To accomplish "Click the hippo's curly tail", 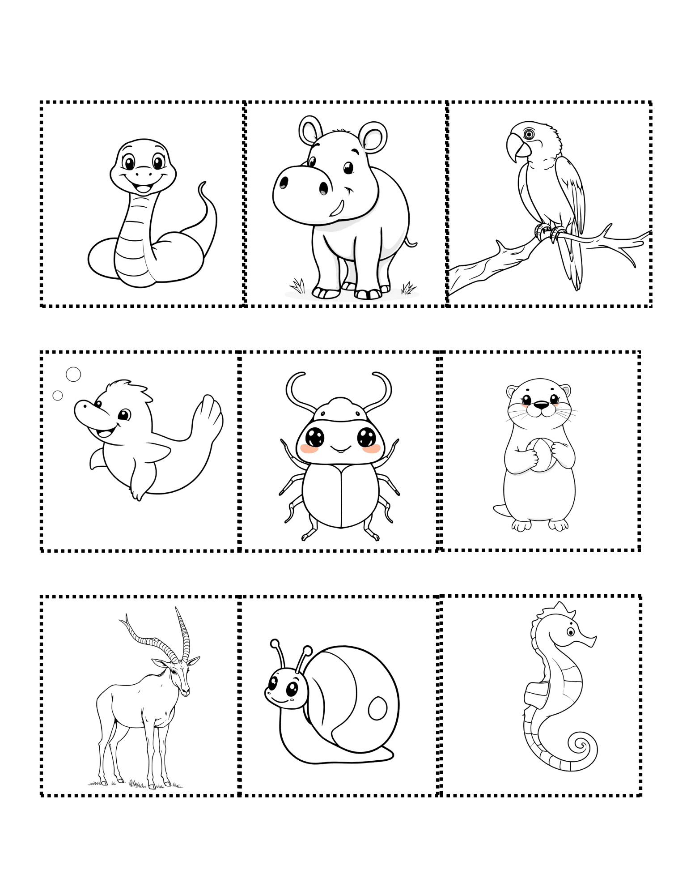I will (x=411, y=243).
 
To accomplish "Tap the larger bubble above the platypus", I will (x=73, y=374).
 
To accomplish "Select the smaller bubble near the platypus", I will (x=58, y=396).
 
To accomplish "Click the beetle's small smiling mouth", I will (x=340, y=449).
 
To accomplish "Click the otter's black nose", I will (x=541, y=406).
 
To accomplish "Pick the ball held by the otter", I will (x=540, y=455).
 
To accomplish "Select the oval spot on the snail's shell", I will (x=377, y=708).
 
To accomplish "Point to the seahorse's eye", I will (x=571, y=632).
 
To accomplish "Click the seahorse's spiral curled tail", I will (x=581, y=745).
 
